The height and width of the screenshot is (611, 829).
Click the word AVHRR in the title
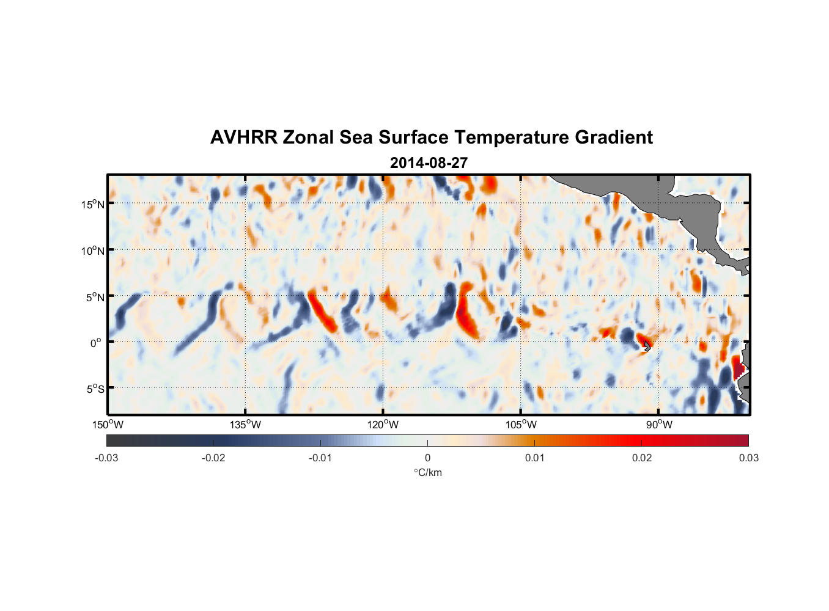pyautogui.click(x=243, y=137)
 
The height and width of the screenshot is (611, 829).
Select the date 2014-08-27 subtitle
pyautogui.click(x=429, y=163)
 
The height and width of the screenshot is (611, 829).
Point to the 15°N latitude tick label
pyautogui.click(x=92, y=204)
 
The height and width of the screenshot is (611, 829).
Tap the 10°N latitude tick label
pyautogui.click(x=92, y=251)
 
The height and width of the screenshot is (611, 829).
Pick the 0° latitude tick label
pyautogui.click(x=96, y=343)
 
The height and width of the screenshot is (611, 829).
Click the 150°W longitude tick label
pyautogui.click(x=108, y=425)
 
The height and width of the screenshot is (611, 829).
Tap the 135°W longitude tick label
pyautogui.click(x=245, y=425)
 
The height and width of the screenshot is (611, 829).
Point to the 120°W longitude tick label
pyautogui.click(x=383, y=425)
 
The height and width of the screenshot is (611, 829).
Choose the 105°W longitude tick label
pyautogui.click(x=521, y=425)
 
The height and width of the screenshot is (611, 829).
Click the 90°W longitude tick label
pyautogui.click(x=658, y=425)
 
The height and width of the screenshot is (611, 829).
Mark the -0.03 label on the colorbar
pyautogui.click(x=106, y=458)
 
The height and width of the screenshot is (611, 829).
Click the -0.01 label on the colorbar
pyautogui.click(x=320, y=458)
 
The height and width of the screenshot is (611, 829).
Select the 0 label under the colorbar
pyautogui.click(x=427, y=458)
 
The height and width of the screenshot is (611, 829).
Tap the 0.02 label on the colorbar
pyautogui.click(x=641, y=458)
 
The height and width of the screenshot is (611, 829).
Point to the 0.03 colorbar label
pyautogui.click(x=748, y=458)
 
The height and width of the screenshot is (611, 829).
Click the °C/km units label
pyautogui.click(x=427, y=472)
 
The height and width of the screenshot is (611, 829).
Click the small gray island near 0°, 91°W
pyautogui.click(x=647, y=346)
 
